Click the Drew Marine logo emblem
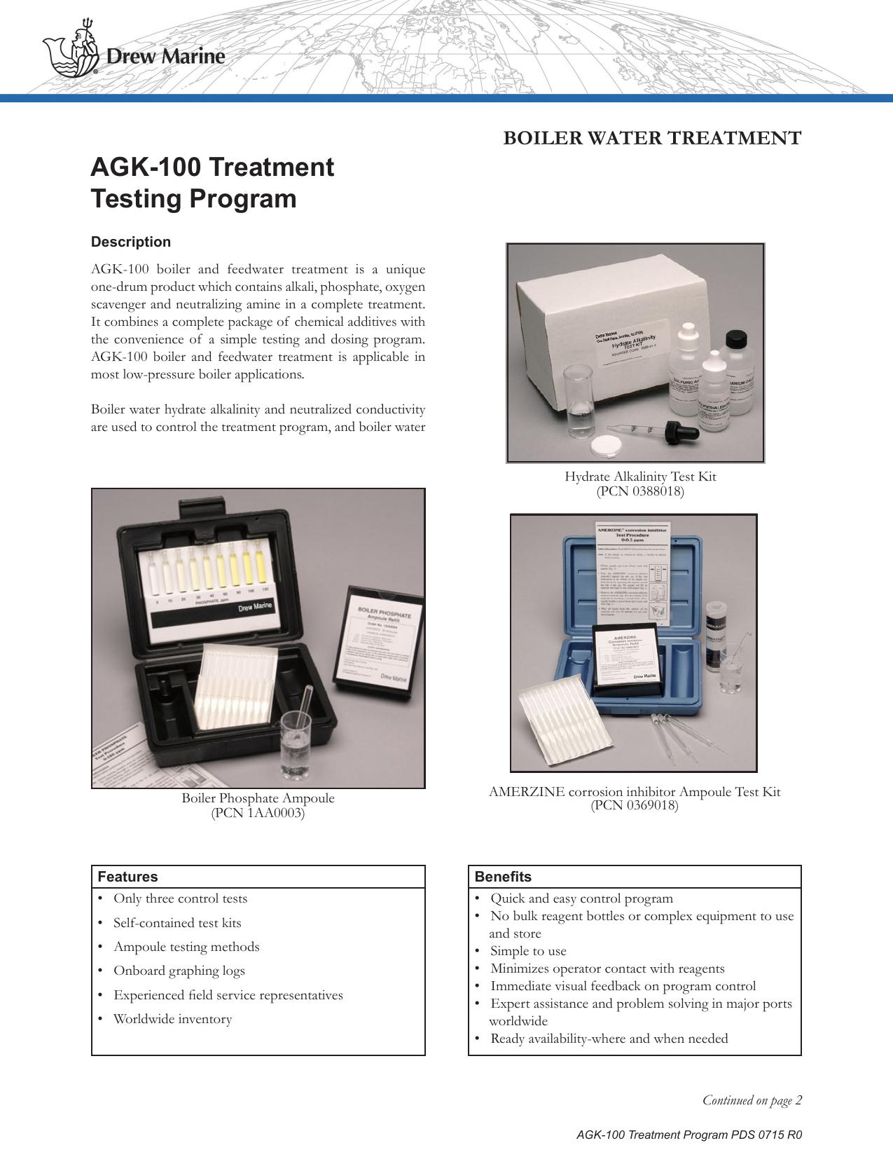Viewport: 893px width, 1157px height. [x=71, y=52]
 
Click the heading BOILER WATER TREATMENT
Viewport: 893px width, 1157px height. [x=652, y=138]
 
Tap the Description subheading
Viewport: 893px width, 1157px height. [x=130, y=242]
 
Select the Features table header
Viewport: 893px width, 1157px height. [x=128, y=877]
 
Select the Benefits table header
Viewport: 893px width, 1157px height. [x=503, y=877]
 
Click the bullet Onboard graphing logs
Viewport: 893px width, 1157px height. [x=179, y=971]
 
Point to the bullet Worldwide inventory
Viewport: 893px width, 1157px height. [x=172, y=1019]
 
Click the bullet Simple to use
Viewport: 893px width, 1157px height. [x=528, y=951]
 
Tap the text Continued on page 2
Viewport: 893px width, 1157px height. [x=752, y=1100]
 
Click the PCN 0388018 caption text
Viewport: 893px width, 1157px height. [x=639, y=491]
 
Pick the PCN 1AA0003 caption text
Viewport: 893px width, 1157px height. [x=258, y=813]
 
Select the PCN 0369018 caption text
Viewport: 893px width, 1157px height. [x=634, y=805]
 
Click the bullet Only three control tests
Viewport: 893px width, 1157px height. [x=180, y=898]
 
